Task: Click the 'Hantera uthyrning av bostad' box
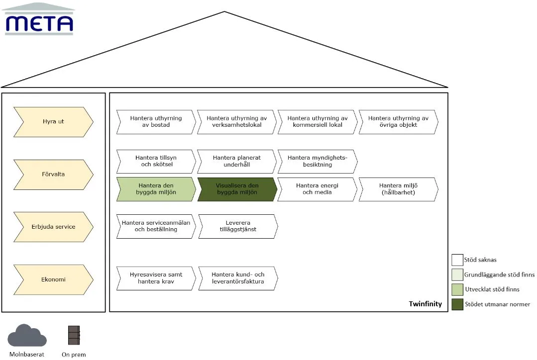pyautogui.click(x=156, y=122)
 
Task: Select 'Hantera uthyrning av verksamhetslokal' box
pyautogui.click(x=237, y=122)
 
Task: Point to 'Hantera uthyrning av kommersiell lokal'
pyautogui.click(x=318, y=122)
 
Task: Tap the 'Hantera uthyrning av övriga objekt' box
pyautogui.click(x=398, y=122)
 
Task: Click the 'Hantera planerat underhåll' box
pyautogui.click(x=237, y=161)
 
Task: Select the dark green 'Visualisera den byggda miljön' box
pyautogui.click(x=237, y=189)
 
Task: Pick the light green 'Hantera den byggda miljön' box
pyautogui.click(x=156, y=189)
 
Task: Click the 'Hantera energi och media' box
pyautogui.click(x=318, y=189)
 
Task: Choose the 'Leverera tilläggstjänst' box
pyautogui.click(x=238, y=226)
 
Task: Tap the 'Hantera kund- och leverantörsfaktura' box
pyautogui.click(x=238, y=278)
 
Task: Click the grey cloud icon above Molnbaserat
pyautogui.click(x=30, y=336)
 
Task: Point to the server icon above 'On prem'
pyautogui.click(x=74, y=335)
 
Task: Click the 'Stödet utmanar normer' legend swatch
pyautogui.click(x=457, y=304)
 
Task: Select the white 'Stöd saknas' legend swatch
pyautogui.click(x=457, y=260)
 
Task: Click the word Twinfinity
pyautogui.click(x=425, y=304)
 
